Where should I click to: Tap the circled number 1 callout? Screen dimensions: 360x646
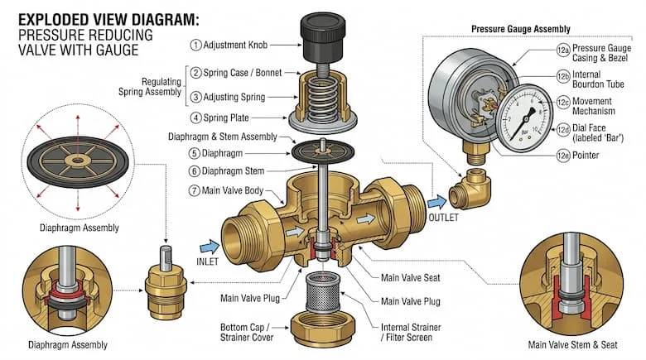pos(195,44)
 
